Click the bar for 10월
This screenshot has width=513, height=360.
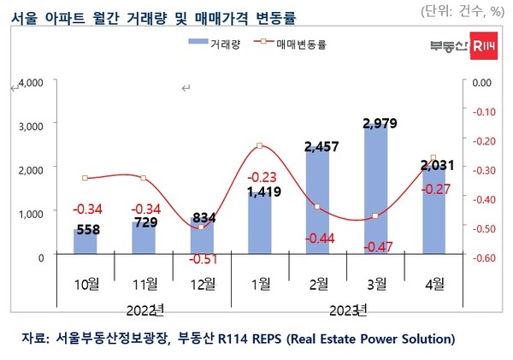pos(85,241)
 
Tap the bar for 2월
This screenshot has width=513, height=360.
pos(317,205)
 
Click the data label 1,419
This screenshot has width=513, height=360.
pos(260,191)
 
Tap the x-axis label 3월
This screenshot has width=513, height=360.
pos(375,281)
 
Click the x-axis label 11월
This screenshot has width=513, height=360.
pos(143,281)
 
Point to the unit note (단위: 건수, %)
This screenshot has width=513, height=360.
pos(463,11)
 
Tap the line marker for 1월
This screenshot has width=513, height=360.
pos(259,146)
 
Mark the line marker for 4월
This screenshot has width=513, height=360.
pos(433,157)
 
